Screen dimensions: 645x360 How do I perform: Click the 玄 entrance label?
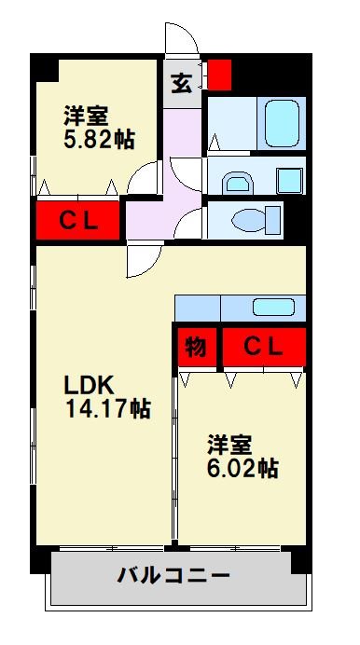coord(182,83)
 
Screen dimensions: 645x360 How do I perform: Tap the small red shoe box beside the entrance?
coord(218,75)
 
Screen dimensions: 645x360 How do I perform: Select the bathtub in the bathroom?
coord(281,120)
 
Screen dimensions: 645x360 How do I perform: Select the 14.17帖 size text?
coord(107,407)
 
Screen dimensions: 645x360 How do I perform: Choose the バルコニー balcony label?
coord(173,575)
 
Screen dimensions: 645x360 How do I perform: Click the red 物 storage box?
coord(195,346)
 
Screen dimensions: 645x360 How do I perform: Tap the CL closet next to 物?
coord(262,346)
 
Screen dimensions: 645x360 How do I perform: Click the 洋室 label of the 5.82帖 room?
coord(86,117)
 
